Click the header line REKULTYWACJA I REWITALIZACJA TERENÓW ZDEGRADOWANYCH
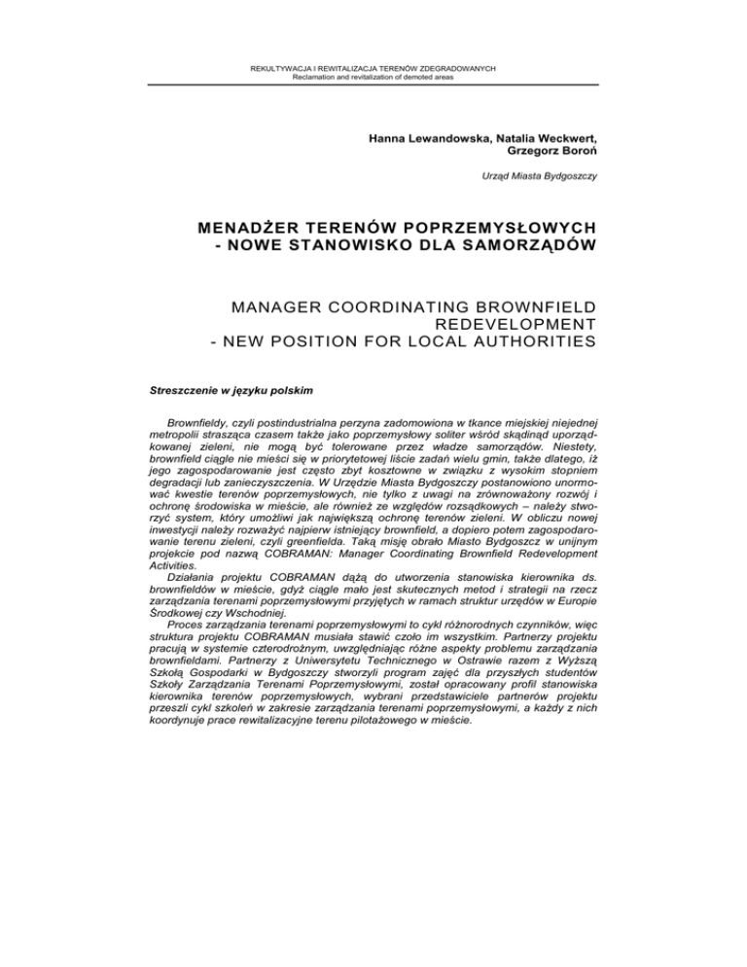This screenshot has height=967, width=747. pyautogui.click(x=373, y=68)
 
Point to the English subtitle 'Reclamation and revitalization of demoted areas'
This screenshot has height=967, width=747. pyautogui.click(x=373, y=77)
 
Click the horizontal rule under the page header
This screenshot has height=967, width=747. pyautogui.click(x=373, y=86)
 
